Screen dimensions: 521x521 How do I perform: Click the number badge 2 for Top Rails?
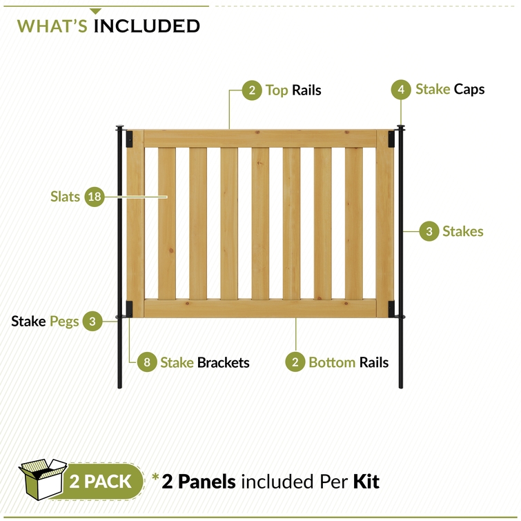point(252,90)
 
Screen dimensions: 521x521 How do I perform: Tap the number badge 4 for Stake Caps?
point(401,89)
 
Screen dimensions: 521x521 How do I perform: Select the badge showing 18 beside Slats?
point(95,197)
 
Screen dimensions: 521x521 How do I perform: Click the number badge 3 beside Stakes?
point(429,231)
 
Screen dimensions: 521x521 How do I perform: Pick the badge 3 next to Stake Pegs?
point(92,321)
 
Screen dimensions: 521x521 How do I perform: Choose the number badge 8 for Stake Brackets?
point(146,362)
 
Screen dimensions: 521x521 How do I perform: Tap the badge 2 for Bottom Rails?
point(295,362)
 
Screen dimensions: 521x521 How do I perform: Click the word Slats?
point(65,197)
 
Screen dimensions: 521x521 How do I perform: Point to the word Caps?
point(469,89)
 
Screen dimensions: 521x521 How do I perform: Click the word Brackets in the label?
point(224,362)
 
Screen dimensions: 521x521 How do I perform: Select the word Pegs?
point(64,321)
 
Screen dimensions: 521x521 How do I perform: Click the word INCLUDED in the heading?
point(147,26)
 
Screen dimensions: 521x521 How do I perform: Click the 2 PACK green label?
point(101,481)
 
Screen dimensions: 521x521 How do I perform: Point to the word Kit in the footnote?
point(366,481)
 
